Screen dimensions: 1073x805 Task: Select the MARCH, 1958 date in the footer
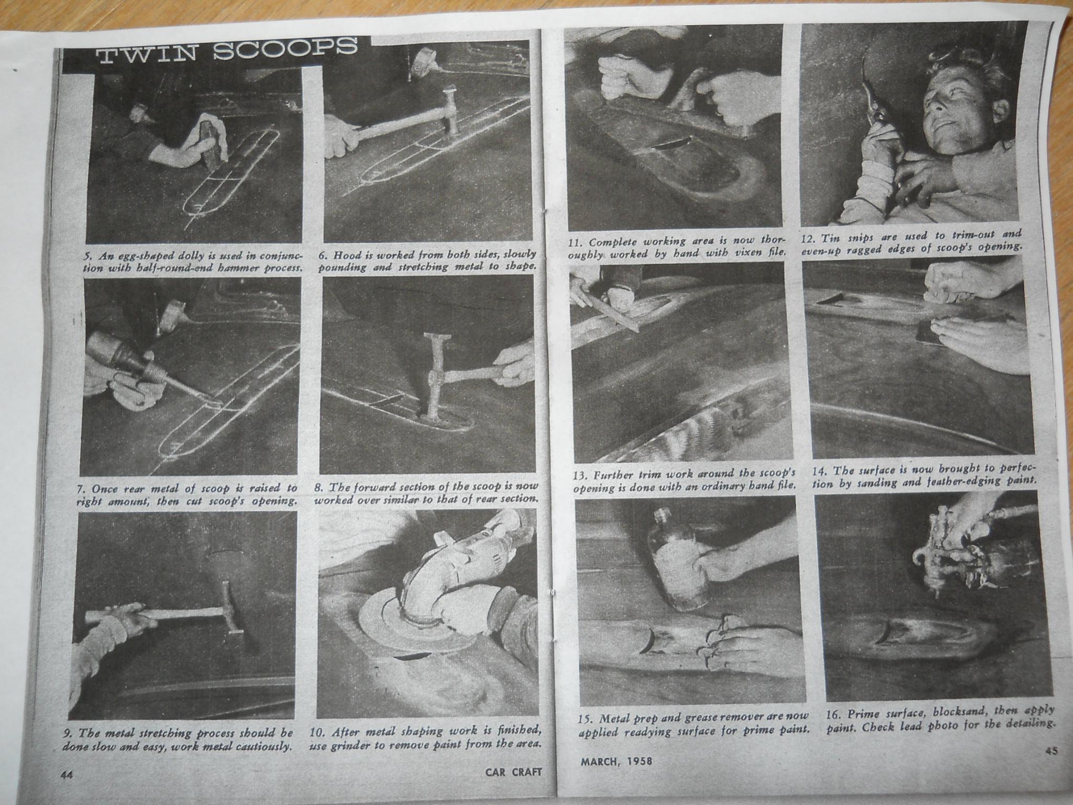[x=616, y=760]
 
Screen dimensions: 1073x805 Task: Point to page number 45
[x=1051, y=750]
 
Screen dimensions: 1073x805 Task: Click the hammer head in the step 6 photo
[x=449, y=115]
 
